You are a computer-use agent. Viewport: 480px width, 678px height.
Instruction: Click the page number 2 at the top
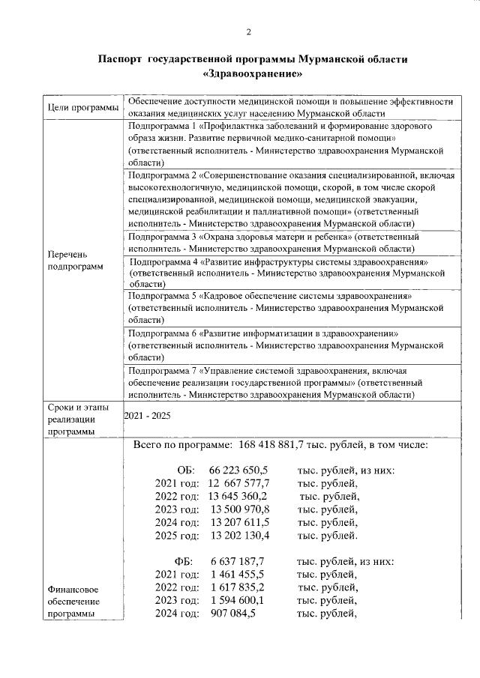coord(248,31)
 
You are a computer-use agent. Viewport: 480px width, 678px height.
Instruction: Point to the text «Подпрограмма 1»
coord(161,126)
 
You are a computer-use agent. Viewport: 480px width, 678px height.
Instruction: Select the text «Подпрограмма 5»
coord(161,297)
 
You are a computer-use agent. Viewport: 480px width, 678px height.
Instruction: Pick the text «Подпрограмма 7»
coord(161,370)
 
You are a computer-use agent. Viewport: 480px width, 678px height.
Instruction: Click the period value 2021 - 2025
coord(147,415)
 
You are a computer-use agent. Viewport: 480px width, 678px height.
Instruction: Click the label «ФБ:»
coord(184,561)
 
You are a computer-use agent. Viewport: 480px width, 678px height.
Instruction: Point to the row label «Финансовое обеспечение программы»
coord(74,602)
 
